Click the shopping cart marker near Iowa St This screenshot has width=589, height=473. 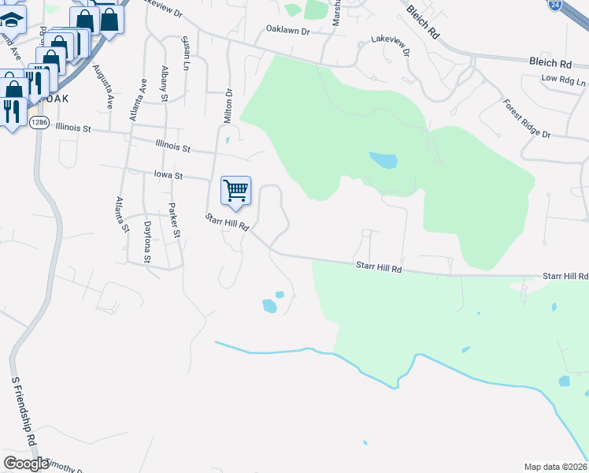coord(236,192)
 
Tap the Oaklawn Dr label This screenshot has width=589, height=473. coord(288,30)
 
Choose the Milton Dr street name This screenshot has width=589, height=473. coord(229,102)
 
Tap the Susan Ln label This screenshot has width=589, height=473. coord(186,52)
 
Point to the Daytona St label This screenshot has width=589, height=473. coord(147,241)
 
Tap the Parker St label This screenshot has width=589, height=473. coord(175,222)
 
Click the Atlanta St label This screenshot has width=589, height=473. coord(122,215)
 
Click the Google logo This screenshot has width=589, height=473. coord(26,464)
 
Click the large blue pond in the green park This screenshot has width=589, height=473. coord(383,161)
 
